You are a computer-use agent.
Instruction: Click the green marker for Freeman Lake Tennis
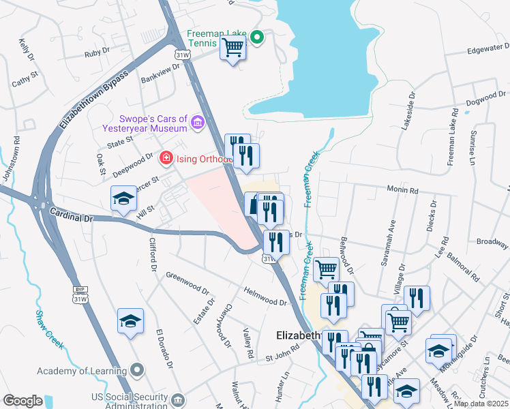[257, 37]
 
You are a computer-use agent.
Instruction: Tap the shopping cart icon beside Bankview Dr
[232, 48]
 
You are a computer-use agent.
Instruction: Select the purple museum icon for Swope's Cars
[198, 123]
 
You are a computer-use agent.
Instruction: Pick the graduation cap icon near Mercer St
[123, 199]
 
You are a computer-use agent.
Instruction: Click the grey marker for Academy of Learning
[138, 370]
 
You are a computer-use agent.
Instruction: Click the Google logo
[22, 401]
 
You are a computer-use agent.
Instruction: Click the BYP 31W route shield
[80, 294]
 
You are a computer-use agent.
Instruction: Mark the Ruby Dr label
[97, 52]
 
